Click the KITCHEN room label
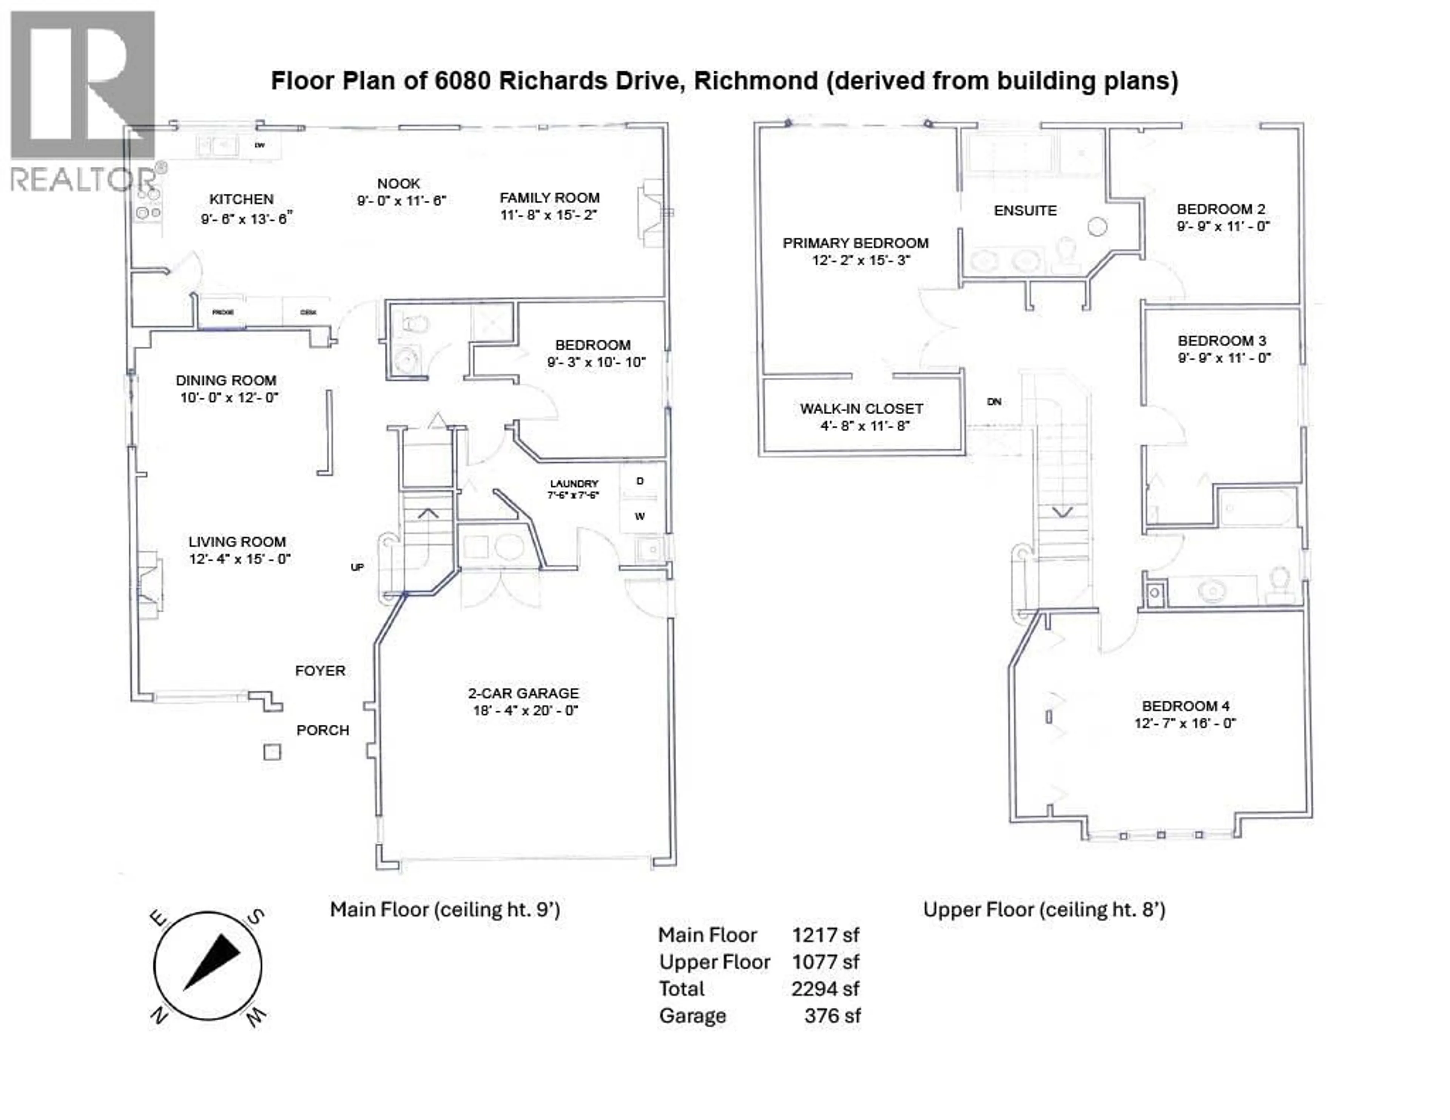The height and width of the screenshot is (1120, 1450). click(x=241, y=199)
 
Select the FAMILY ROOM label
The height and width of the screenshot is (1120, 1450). click(x=549, y=198)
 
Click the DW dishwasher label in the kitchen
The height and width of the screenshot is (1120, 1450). click(x=259, y=145)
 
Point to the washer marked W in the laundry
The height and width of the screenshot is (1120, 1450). click(x=639, y=517)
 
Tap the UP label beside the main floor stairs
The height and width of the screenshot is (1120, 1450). click(x=357, y=567)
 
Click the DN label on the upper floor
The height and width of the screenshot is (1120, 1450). click(x=994, y=402)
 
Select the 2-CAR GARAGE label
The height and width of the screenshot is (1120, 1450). click(x=523, y=693)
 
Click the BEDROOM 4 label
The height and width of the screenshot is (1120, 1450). click(x=1185, y=706)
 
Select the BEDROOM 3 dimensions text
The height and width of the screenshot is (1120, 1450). click(x=1223, y=358)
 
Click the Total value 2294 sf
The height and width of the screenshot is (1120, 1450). click(x=825, y=989)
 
